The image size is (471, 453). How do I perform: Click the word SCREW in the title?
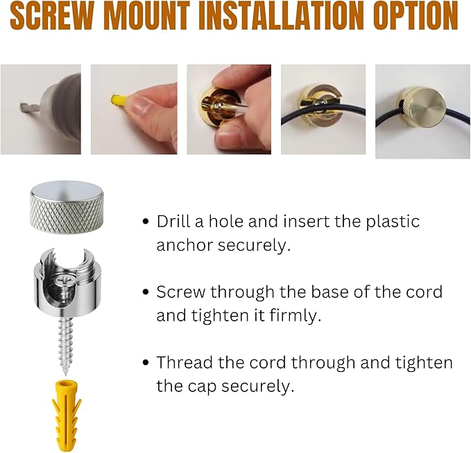coord(51,16)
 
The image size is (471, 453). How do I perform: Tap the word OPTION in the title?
coord(416,16)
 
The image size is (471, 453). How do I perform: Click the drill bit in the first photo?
coord(29,106)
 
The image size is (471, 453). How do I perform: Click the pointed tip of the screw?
coord(65,374)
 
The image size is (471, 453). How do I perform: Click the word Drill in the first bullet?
coord(173,221)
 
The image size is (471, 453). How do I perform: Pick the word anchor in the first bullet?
coord(185,245)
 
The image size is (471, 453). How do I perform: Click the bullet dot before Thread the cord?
coord(146,363)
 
